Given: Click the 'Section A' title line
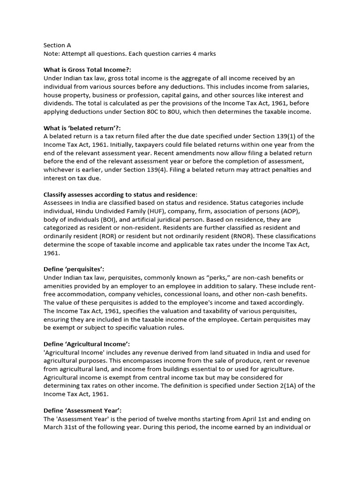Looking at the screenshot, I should [x=57, y=45].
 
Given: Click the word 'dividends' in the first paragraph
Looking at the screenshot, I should [x=58, y=104].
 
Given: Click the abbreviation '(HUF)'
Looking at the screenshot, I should [x=142, y=211].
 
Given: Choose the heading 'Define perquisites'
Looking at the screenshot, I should [x=74, y=270].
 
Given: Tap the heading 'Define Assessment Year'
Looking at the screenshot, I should [x=82, y=410].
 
